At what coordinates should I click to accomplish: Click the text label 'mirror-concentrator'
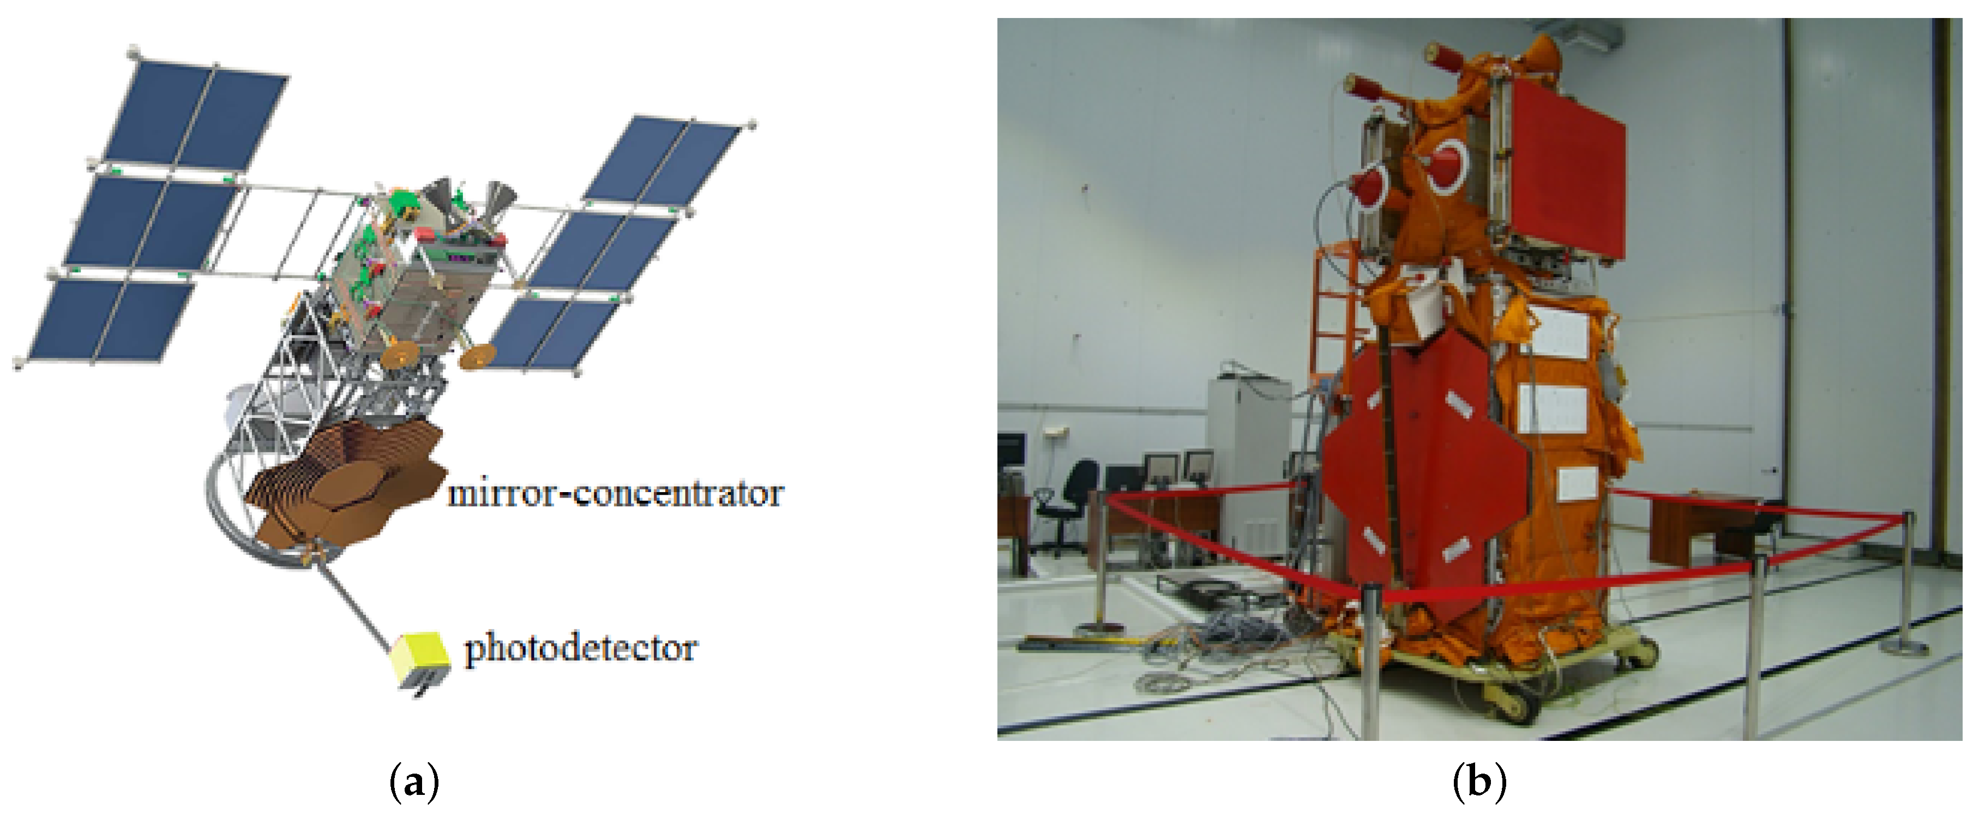[x=615, y=494]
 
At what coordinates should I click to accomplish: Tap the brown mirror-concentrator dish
[x=345, y=490]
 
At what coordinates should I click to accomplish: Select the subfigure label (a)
[x=414, y=783]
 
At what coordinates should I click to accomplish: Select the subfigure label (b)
[x=1478, y=783]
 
